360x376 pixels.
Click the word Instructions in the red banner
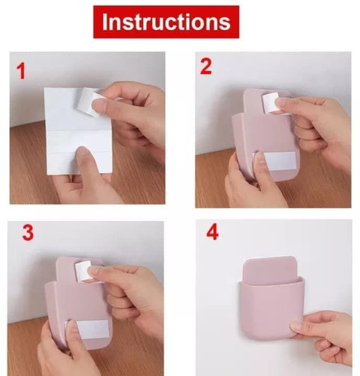pyautogui.click(x=166, y=22)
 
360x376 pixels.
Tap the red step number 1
pyautogui.click(x=22, y=71)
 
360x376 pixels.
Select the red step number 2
pyautogui.click(x=205, y=67)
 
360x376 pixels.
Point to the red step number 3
pyautogui.click(x=28, y=232)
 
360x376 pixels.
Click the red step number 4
pyautogui.click(x=212, y=232)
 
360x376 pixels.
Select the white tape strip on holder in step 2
pyautogui.click(x=279, y=161)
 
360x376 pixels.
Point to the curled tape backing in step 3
pyautogui.click(x=83, y=271)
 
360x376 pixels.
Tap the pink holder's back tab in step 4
pyautogui.click(x=270, y=268)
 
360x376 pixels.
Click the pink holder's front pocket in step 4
pyautogui.click(x=270, y=309)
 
